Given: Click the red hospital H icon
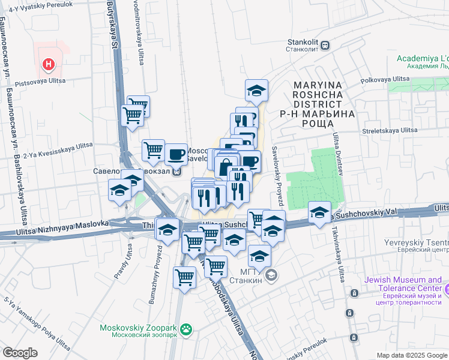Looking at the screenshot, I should click(x=49, y=62).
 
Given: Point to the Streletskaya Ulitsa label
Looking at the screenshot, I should click(x=389, y=130).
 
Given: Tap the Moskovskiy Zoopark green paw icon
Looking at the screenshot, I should click(x=187, y=329).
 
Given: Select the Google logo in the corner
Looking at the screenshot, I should click(x=19, y=352).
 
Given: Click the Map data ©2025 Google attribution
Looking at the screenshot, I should click(x=412, y=355).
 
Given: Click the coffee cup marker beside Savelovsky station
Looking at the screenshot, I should click(x=175, y=154).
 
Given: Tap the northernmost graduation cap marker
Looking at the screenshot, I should click(x=256, y=91).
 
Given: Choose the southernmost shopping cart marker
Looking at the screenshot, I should click(x=185, y=277).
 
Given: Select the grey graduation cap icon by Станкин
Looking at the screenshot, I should click(x=272, y=275).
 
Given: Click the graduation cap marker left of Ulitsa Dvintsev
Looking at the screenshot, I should click(x=319, y=212).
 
